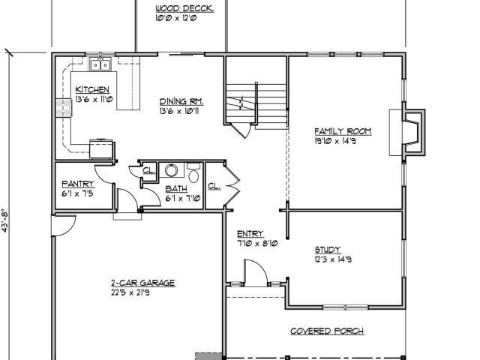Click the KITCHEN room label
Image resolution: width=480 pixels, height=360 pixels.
92,89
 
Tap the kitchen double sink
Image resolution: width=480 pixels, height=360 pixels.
100,65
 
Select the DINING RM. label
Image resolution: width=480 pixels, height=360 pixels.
181,101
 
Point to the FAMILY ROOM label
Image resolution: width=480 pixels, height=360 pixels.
343,131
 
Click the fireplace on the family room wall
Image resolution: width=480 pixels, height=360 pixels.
413,132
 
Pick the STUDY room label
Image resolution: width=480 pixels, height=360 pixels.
328,250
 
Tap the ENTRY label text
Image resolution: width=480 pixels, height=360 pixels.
250,234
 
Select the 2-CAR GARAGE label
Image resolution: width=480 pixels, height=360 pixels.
143,283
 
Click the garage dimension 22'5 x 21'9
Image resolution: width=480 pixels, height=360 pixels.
130,292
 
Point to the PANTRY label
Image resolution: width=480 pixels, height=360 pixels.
78,184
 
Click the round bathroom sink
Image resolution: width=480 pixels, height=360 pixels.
172,170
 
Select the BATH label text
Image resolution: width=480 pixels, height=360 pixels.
176,188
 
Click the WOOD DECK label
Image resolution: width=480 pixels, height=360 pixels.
184,8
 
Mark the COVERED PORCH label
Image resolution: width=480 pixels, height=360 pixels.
327,331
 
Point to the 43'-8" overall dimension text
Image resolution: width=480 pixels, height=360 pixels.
4,220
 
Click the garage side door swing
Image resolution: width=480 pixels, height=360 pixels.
63,226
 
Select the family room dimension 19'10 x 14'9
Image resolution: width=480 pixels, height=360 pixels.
335,141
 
